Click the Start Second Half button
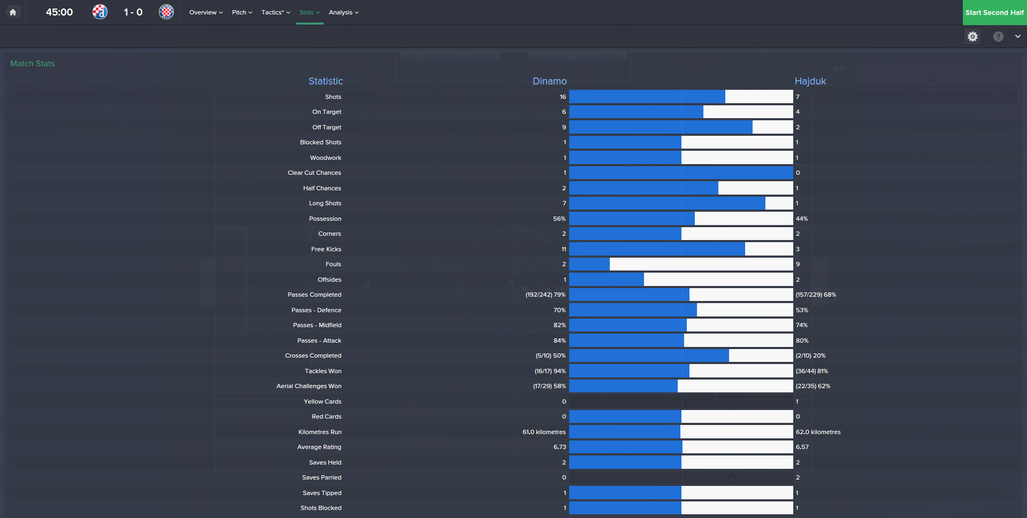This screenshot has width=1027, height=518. coord(994,12)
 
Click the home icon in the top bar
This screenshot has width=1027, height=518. coord(13,12)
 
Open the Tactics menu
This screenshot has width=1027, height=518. coord(275,12)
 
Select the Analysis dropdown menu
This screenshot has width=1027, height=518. coord(343,12)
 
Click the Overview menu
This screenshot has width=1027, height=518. coord(206,12)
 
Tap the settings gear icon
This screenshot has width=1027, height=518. coord(972,36)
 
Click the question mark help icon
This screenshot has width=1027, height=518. coord(998,36)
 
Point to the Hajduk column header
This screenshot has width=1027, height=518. coord(810,81)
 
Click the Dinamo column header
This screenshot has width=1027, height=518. coord(549,81)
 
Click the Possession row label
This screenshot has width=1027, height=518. coord(325,219)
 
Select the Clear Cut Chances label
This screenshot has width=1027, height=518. coord(314,173)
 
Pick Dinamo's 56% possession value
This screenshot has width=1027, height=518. coord(559,219)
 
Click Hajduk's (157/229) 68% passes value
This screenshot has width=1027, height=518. coord(816,295)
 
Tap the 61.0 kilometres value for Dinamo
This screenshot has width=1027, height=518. coord(544,432)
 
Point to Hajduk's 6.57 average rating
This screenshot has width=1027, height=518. coord(802,447)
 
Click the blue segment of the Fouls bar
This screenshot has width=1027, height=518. coord(589,264)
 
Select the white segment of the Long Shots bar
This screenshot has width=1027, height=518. coord(779,203)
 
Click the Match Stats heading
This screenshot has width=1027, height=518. coord(32,64)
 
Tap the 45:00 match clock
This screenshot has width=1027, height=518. coord(59,12)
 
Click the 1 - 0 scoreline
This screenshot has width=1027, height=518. coord(133,12)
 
